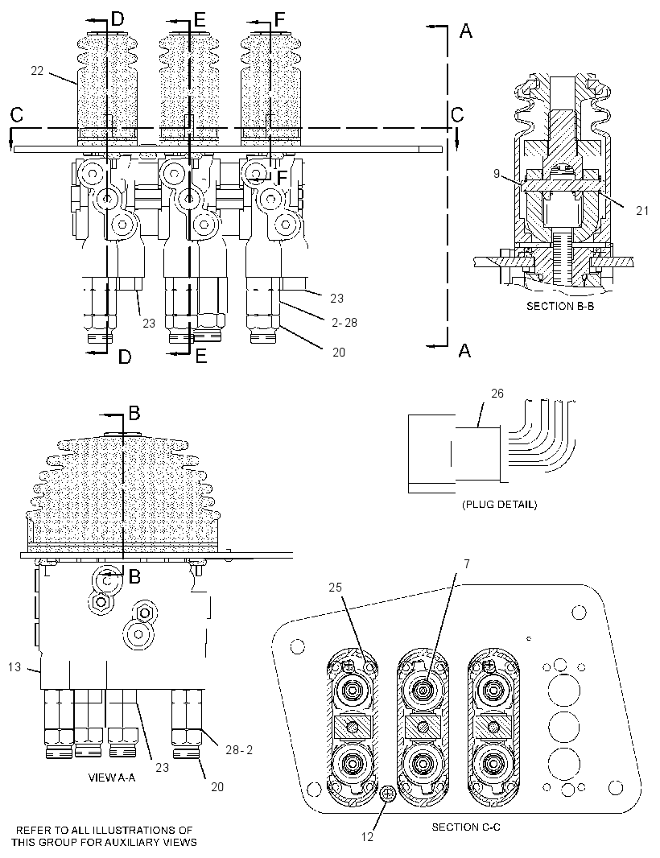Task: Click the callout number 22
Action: point(37,71)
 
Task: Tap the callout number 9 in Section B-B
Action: point(497,174)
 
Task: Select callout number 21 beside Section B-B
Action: point(642,210)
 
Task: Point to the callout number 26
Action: point(497,394)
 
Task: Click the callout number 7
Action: point(466,563)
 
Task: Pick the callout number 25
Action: point(335,587)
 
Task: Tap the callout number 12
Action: point(367,836)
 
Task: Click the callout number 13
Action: point(14,666)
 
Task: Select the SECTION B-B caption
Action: point(560,306)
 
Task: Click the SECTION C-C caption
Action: point(466,827)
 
